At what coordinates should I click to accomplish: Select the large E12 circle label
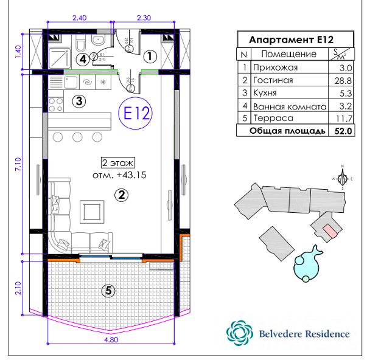point(134,114)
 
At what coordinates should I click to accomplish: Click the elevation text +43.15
point(120,175)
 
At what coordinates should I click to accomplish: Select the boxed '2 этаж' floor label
point(117,163)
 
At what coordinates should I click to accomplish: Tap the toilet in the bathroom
point(97,40)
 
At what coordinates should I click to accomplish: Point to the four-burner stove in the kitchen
point(56,103)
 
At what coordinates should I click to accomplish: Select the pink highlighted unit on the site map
point(328,230)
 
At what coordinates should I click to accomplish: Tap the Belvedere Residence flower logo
point(238,333)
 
